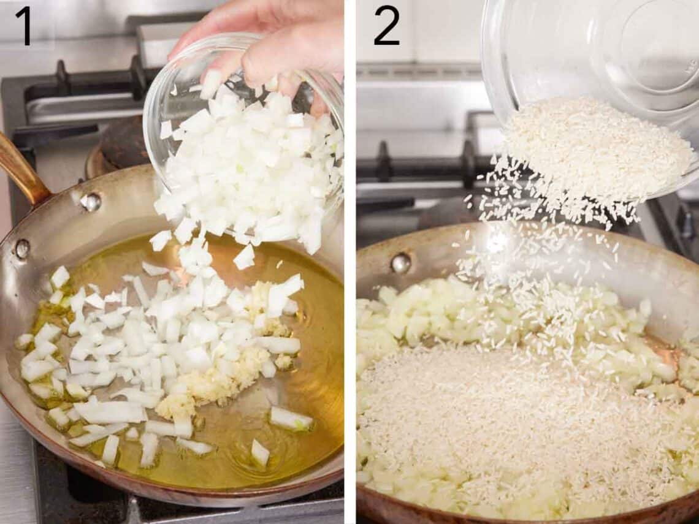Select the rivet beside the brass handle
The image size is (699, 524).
(91, 202)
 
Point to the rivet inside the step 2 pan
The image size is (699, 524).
(400, 263)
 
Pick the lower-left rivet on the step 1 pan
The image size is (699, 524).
(22, 248)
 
